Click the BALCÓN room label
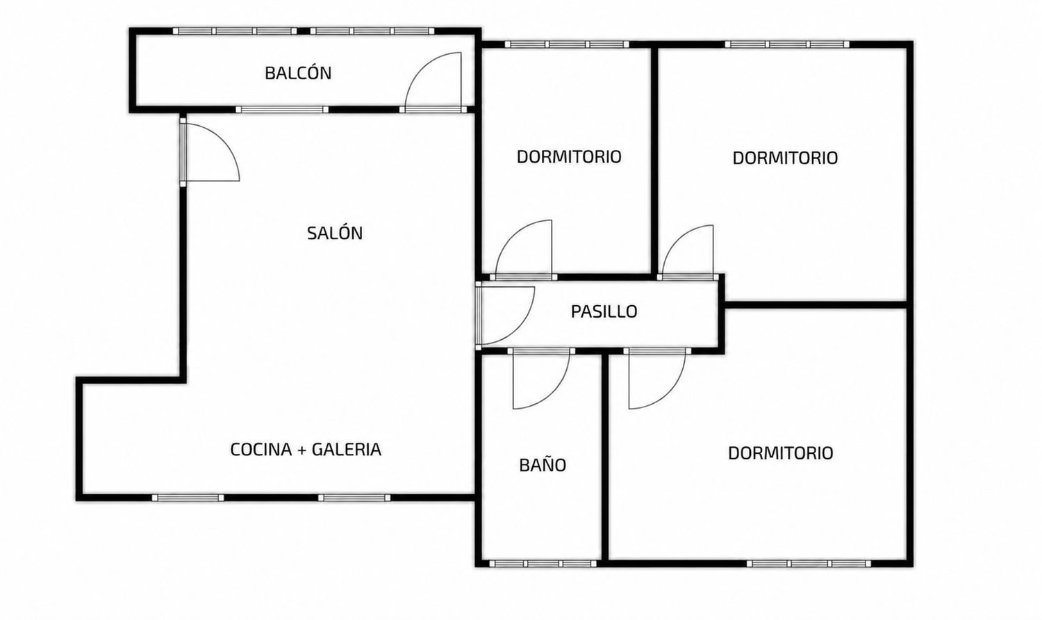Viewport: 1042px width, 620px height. coord(298,73)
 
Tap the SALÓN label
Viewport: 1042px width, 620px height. coord(335,233)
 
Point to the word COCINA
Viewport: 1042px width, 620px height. coord(261,449)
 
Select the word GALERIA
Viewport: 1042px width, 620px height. coord(347,449)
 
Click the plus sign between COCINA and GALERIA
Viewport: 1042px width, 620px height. coord(302,450)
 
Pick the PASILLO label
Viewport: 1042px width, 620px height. coord(604,311)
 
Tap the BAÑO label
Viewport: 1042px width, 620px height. coord(543,464)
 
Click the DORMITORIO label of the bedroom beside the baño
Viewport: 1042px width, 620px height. coord(781,453)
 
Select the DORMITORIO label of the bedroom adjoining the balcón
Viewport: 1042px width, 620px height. coord(569,156)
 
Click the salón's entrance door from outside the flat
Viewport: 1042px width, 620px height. coord(209,152)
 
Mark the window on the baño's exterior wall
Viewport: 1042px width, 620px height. coord(543,564)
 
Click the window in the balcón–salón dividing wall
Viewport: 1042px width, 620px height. coord(282,110)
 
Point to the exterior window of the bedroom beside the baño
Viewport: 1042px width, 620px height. coord(809,564)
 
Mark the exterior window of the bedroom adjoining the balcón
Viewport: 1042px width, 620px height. coord(567,44)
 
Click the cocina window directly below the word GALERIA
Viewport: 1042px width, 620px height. coord(354,498)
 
